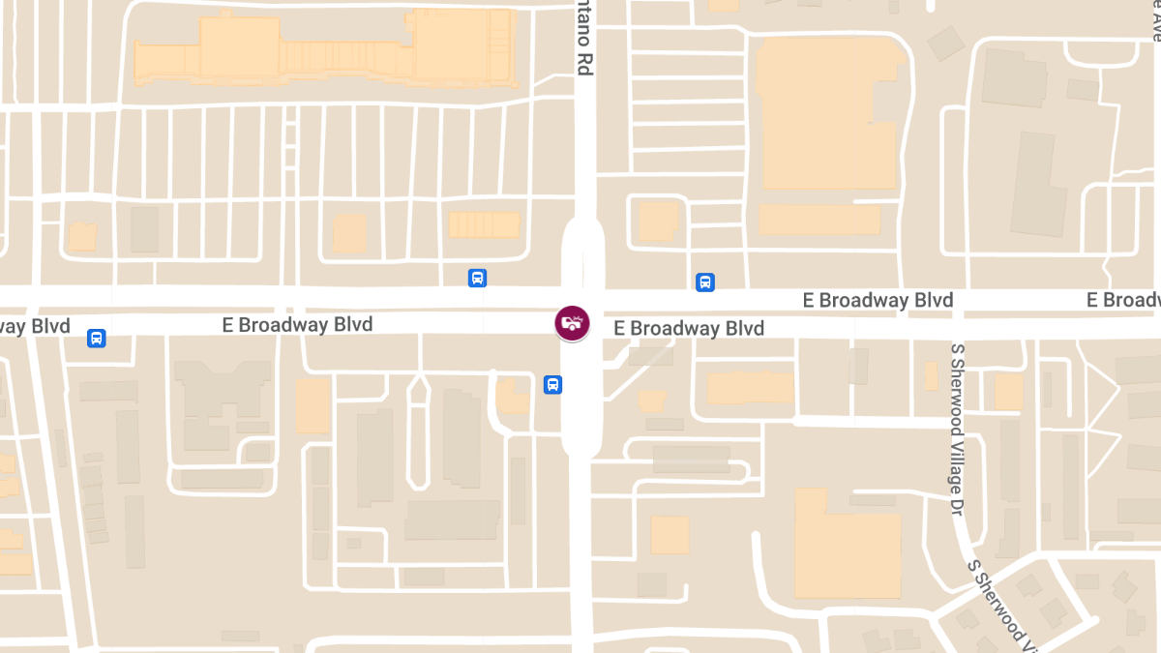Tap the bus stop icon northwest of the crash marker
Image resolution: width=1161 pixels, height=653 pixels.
click(x=477, y=279)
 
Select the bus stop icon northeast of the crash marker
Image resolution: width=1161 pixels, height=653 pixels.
click(x=705, y=282)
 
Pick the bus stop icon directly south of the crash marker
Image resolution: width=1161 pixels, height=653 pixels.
click(x=552, y=385)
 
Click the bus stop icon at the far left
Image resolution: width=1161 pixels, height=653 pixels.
click(x=96, y=338)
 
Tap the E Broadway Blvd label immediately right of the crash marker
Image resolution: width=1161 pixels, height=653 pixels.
click(x=689, y=329)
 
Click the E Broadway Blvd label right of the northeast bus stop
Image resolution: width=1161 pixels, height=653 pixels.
click(x=878, y=300)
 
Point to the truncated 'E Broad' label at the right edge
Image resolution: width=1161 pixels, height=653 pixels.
click(x=1122, y=300)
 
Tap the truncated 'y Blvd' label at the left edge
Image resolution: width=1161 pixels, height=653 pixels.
click(x=36, y=326)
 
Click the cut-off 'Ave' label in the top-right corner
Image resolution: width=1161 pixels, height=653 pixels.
click(x=1154, y=21)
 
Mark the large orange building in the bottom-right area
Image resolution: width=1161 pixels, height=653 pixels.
click(x=847, y=542)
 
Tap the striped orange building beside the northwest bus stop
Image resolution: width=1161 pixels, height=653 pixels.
click(x=484, y=225)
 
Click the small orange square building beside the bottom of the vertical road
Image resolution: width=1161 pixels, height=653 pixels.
click(x=670, y=534)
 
